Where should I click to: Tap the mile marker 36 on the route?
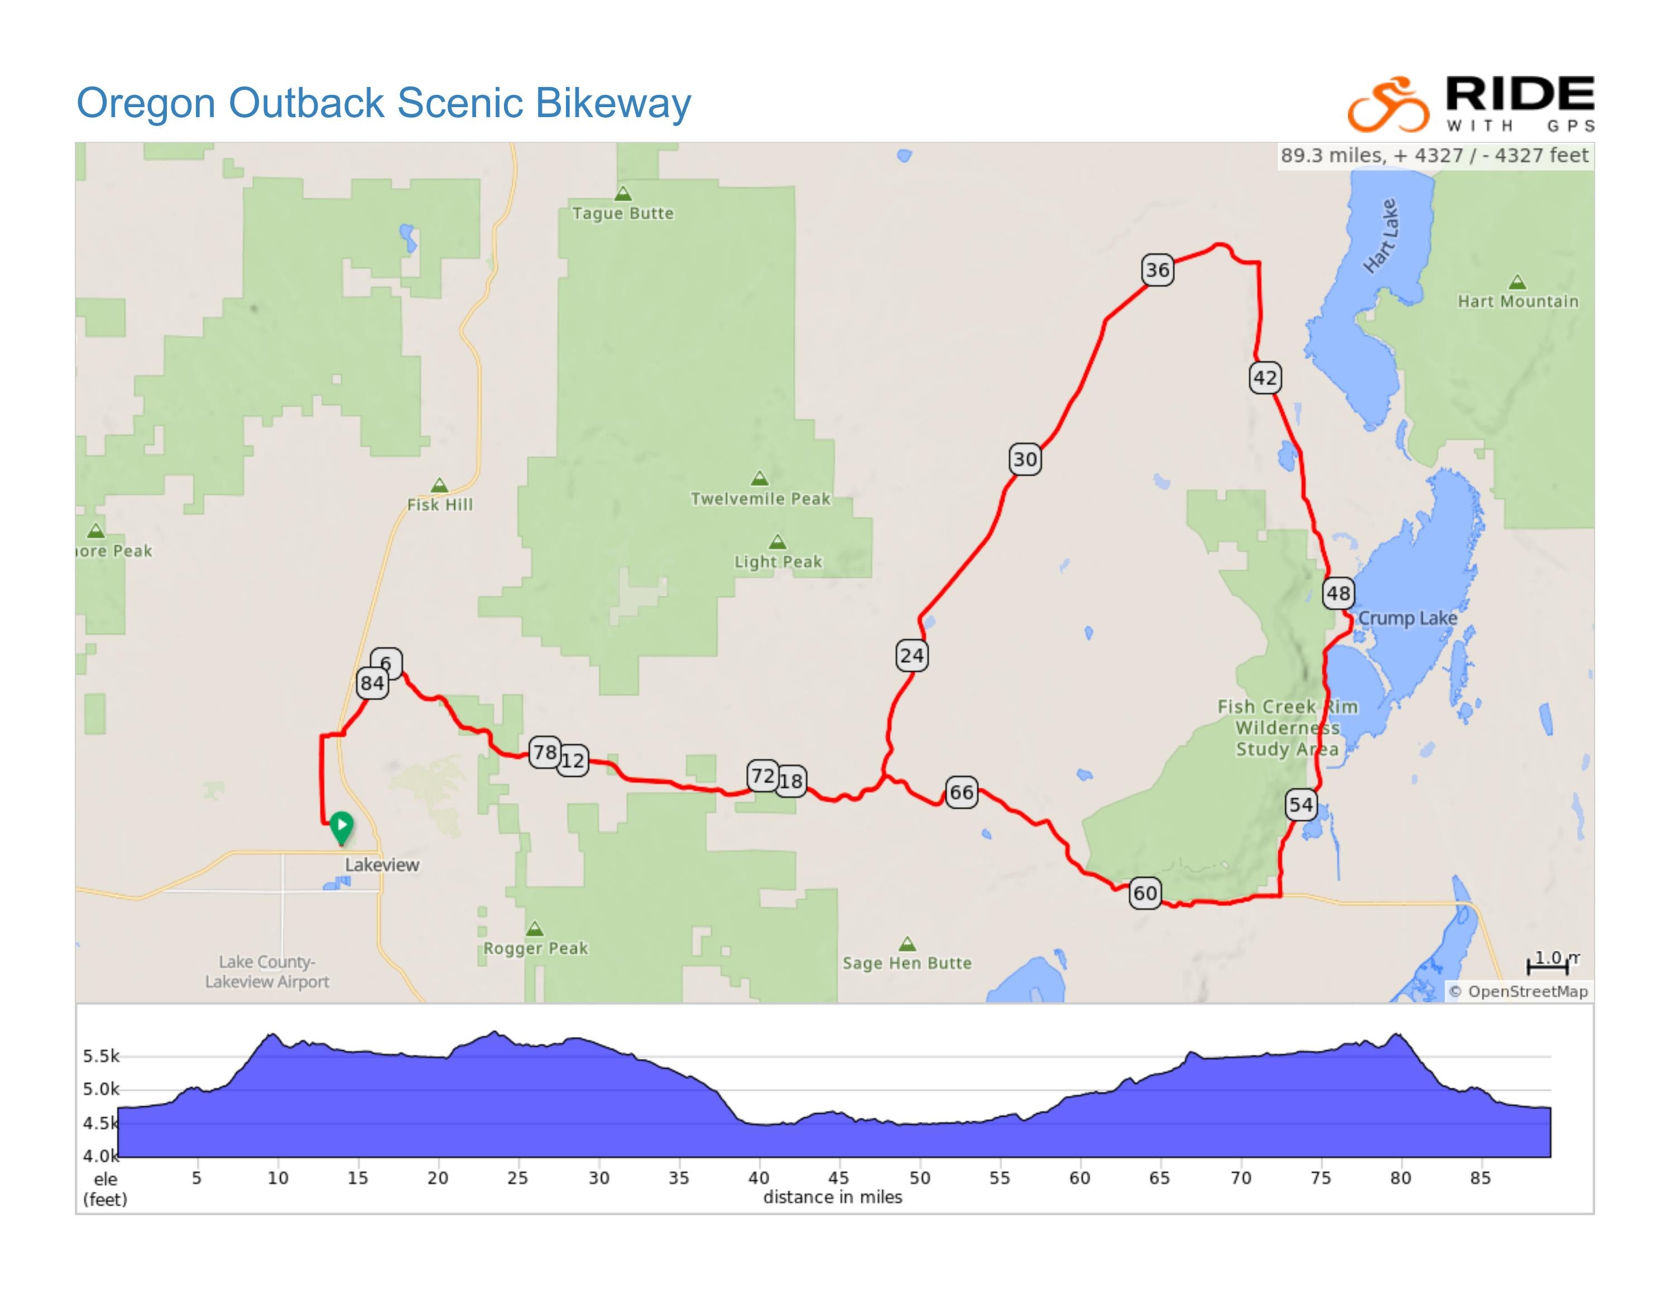1157,269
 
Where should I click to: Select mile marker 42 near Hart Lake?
1265,378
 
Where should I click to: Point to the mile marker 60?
1145,893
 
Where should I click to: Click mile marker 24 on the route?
911,655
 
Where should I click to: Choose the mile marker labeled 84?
372,682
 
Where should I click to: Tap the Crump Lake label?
1408,618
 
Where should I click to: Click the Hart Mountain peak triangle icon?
1517,282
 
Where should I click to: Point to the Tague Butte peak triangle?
623,194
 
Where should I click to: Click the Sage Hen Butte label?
907,963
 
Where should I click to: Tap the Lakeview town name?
382,864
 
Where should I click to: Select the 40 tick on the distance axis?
759,1178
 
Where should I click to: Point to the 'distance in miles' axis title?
832,1197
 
